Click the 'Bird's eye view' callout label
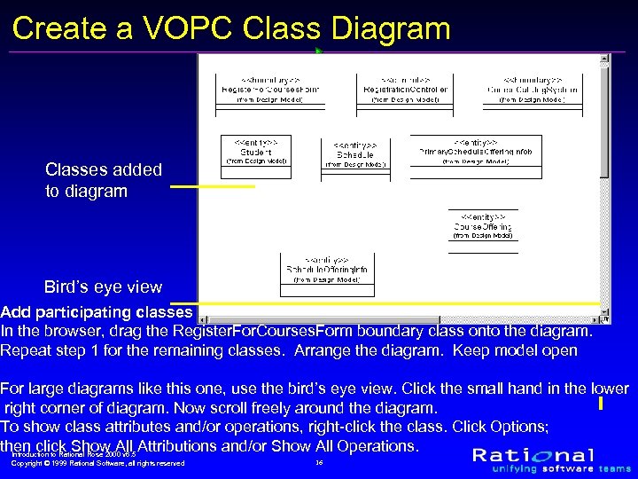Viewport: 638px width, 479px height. click(103, 287)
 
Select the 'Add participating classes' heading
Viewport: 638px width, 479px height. click(97, 312)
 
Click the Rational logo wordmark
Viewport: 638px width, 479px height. click(546, 455)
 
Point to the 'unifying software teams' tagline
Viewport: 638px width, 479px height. click(551, 469)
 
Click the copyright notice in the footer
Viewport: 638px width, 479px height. click(97, 463)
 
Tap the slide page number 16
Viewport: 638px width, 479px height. click(319, 462)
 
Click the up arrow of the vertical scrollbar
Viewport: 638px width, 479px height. click(604, 60)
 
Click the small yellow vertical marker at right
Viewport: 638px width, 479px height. click(601, 404)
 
